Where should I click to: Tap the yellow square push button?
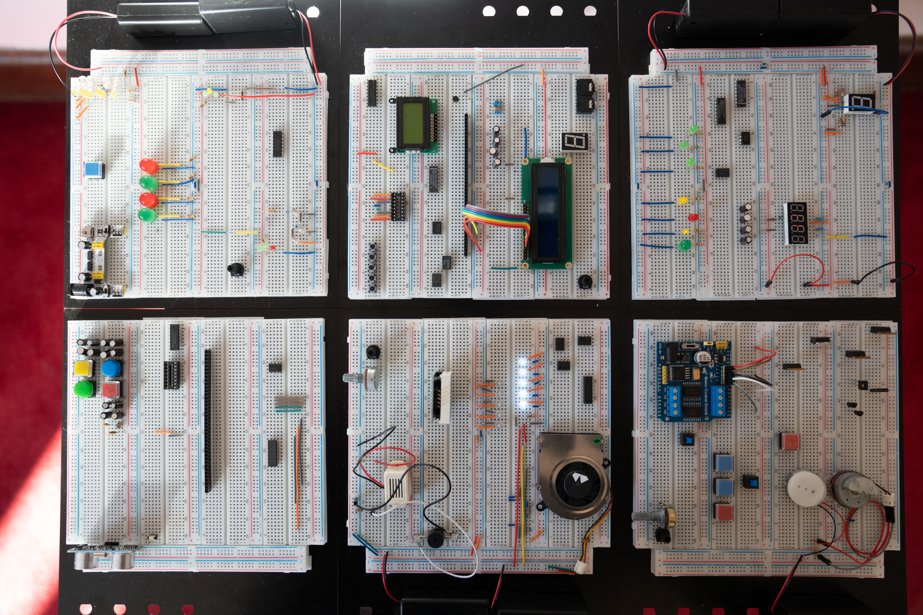pyautogui.click(x=83, y=369)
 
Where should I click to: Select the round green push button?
pyautogui.click(x=83, y=389)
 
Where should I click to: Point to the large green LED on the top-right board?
pyautogui.click(x=684, y=246)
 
